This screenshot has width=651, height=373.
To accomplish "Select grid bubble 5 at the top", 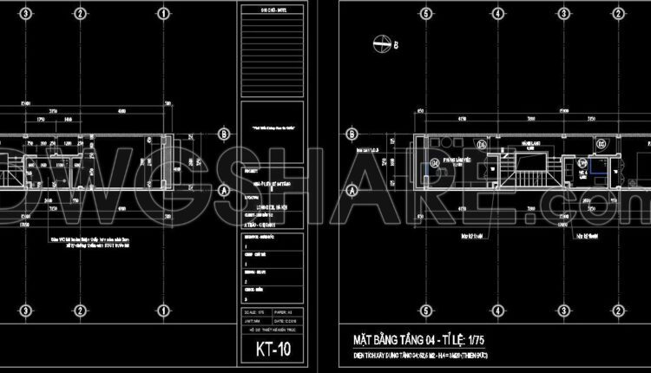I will (x=425, y=13).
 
